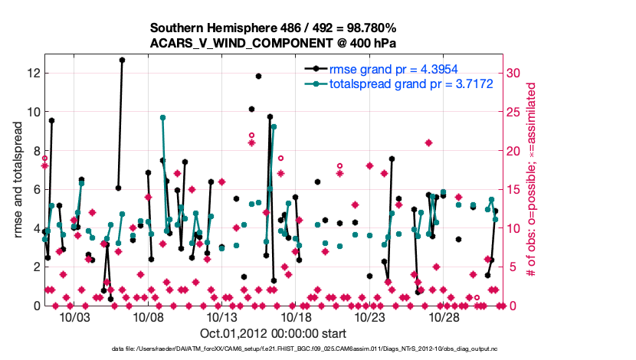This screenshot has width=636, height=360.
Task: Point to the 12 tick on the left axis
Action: click(33, 74)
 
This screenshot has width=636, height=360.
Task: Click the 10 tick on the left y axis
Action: click(33, 112)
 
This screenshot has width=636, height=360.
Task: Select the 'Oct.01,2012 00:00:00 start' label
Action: click(273, 333)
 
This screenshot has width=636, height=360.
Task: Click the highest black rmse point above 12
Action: click(122, 59)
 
